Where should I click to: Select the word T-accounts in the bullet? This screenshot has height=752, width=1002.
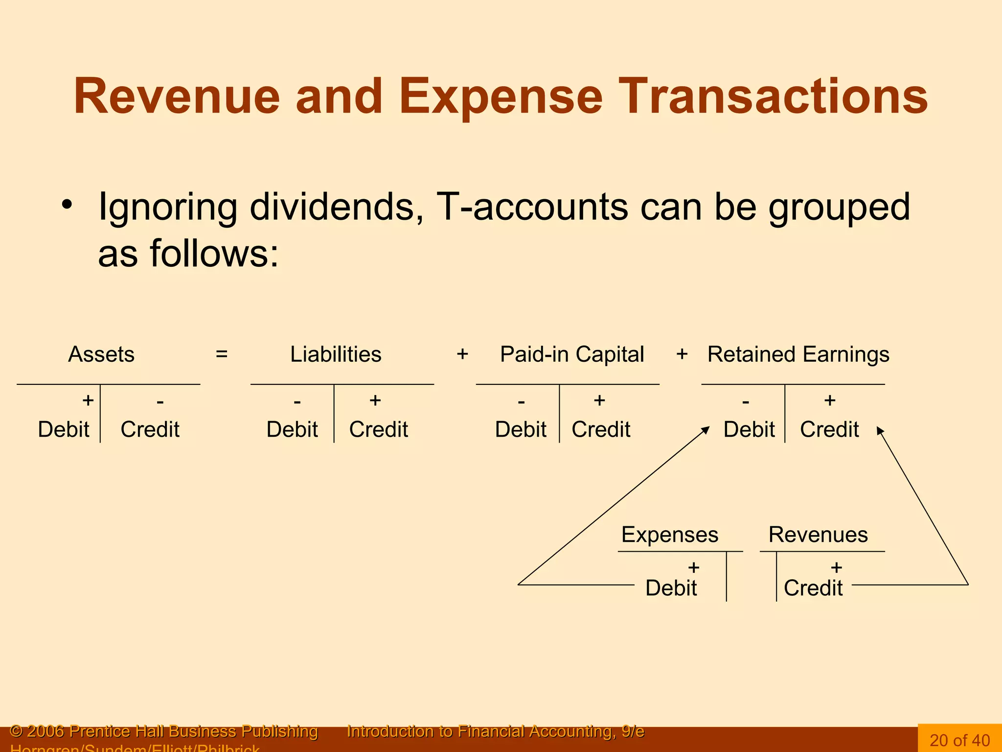tap(532, 207)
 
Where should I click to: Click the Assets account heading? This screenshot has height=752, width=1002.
tap(101, 354)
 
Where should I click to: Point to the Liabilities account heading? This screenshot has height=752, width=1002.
tap(336, 354)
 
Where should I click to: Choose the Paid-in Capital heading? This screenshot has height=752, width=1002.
tap(572, 354)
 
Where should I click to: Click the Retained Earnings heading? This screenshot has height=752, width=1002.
tap(798, 354)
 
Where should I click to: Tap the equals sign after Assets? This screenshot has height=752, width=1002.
tap(222, 354)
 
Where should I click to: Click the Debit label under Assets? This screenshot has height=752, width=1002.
tap(64, 429)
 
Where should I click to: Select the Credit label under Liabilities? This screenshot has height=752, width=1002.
tap(379, 429)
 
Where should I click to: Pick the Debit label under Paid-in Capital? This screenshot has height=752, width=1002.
tap(521, 429)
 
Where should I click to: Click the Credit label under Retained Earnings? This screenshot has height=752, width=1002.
tap(829, 429)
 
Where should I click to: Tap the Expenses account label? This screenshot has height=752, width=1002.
tap(670, 535)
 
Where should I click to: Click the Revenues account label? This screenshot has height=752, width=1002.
tap(818, 535)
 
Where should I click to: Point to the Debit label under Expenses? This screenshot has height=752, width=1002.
tap(671, 588)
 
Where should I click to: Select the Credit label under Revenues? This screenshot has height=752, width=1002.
tap(813, 588)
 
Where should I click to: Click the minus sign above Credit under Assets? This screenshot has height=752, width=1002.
tap(160, 402)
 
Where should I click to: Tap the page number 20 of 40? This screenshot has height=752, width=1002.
tap(959, 740)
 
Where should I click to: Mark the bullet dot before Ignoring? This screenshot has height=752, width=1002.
tap(67, 205)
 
